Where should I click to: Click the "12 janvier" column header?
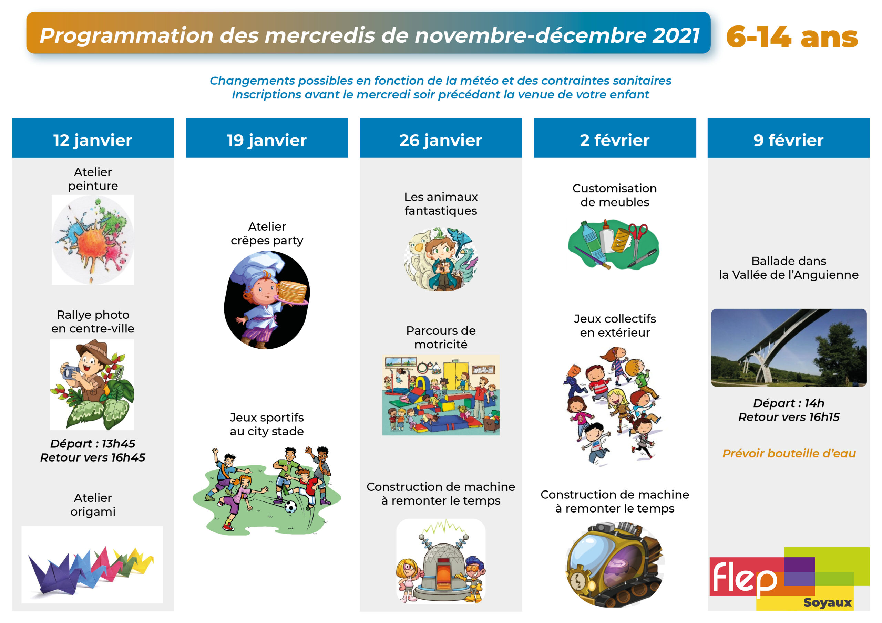pos(93,140)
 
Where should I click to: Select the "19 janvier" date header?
pos(267,140)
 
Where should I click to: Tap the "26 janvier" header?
pos(441,140)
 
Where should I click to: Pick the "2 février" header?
pos(615,140)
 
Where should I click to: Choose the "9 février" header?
pos(788,140)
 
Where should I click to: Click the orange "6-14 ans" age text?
pos(792,37)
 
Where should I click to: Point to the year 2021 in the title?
pos(676,35)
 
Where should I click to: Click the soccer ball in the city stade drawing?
pos(291,507)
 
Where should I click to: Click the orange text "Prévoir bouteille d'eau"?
pos(789,453)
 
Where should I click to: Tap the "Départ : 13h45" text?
pos(93,443)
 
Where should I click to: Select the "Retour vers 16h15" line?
pos(789,417)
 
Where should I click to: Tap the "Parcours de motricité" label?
pos(441,337)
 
